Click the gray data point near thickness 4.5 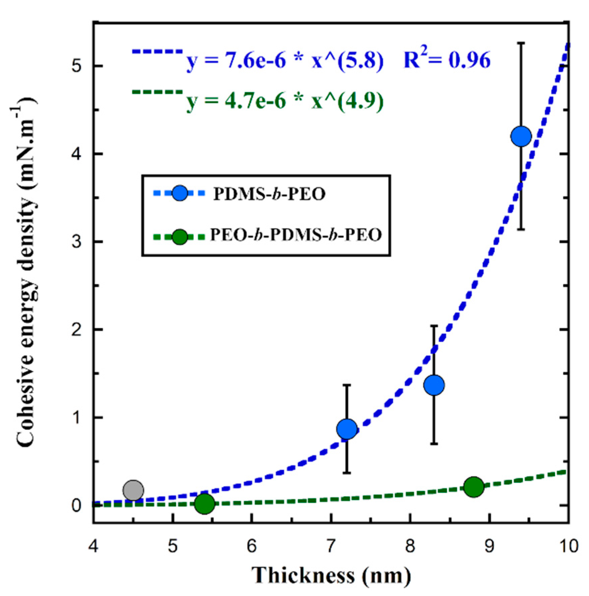tap(133, 490)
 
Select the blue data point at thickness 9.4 tap(521, 136)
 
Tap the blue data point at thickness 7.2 tap(347, 428)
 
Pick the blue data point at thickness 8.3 tap(434, 385)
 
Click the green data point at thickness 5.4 tap(204, 503)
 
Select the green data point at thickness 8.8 tap(473, 486)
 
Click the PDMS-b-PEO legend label tap(269, 194)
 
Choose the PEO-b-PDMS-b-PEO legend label tap(296, 235)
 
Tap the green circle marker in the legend tap(180, 237)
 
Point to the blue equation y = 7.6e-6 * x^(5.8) tap(285, 61)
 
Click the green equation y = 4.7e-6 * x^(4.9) tap(285, 101)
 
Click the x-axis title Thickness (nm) tap(331, 576)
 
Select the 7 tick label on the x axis tap(331, 546)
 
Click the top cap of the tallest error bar tap(521, 43)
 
